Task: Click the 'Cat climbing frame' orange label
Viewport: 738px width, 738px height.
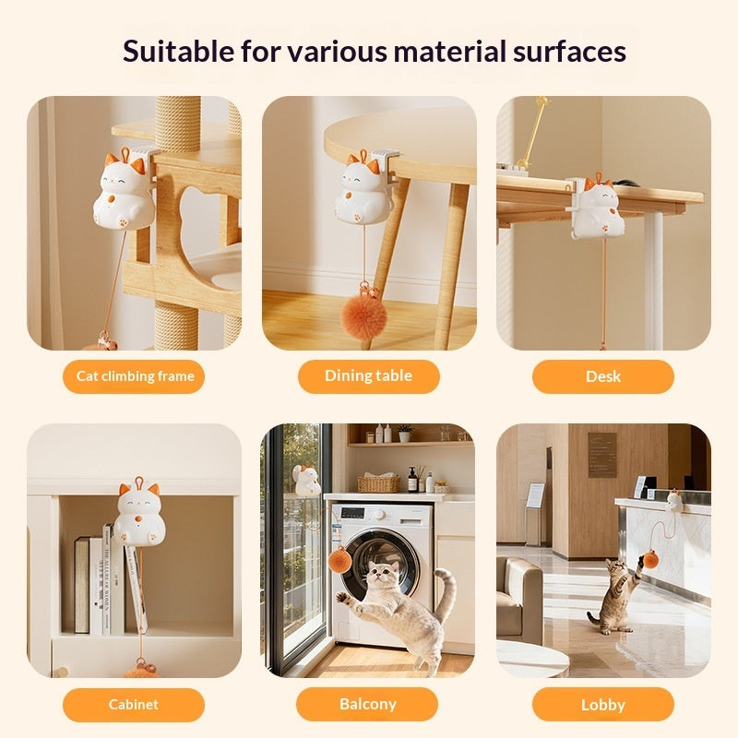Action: [x=135, y=376]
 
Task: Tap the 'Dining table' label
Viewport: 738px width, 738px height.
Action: [x=368, y=376]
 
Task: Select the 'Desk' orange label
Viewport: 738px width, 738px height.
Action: [x=602, y=376]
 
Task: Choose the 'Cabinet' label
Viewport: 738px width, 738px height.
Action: [x=134, y=705]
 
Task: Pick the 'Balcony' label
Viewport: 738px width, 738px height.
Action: [x=368, y=705]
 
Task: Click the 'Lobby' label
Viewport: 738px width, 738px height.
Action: [x=602, y=705]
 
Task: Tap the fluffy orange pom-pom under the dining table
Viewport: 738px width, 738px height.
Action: [x=364, y=315]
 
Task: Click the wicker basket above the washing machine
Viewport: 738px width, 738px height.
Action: [x=378, y=483]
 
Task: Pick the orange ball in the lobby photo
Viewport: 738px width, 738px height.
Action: [x=649, y=559]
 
